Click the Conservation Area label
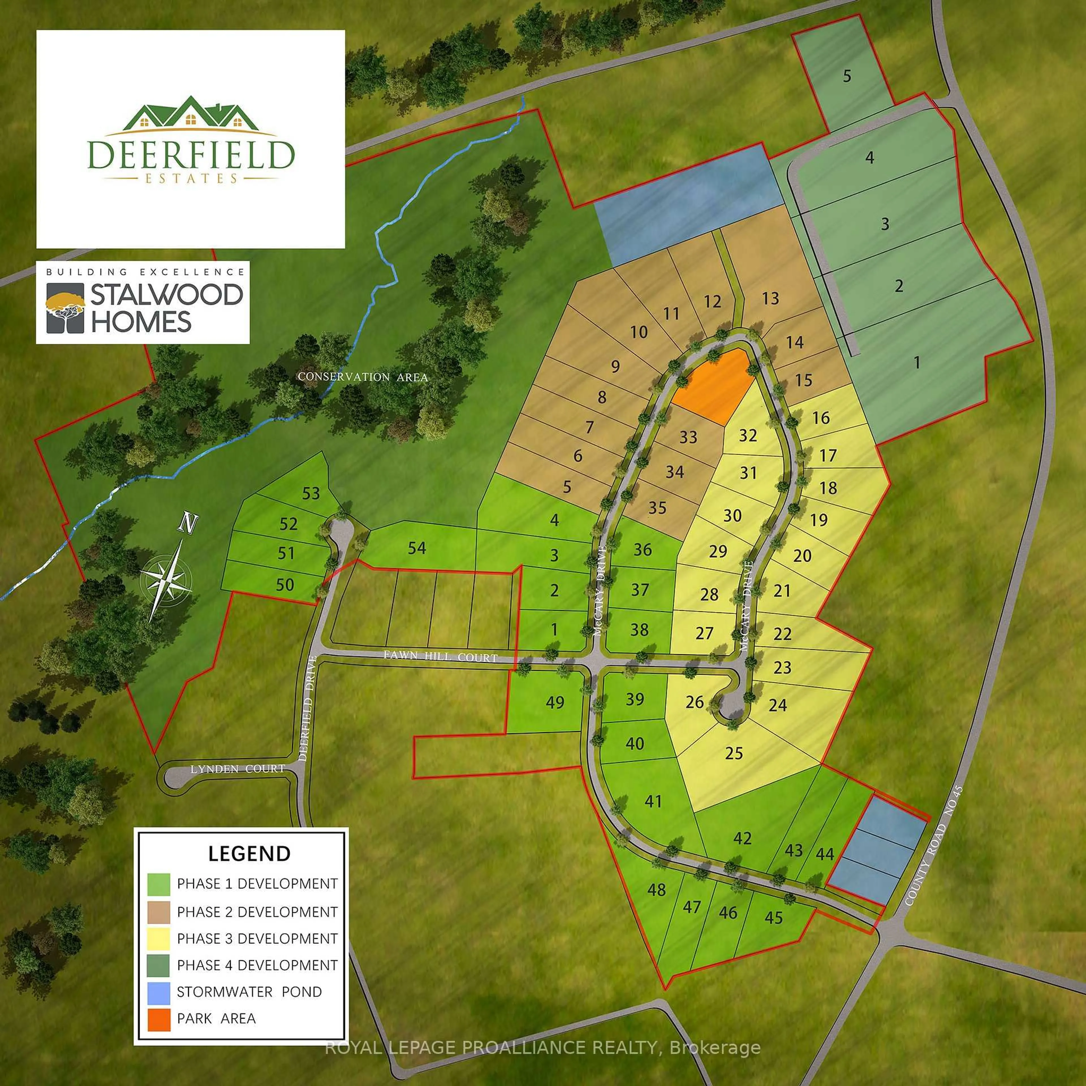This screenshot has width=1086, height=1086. click(363, 377)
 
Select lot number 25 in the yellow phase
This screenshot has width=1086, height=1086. click(734, 753)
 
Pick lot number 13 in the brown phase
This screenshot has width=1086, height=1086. click(770, 298)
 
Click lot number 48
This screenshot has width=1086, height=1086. click(656, 889)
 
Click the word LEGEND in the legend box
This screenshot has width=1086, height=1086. click(249, 853)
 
